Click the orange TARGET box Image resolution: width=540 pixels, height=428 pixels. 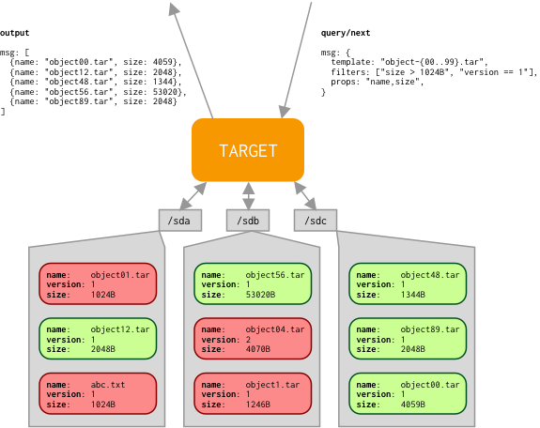[x=248, y=150]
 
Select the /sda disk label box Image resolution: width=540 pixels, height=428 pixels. [x=180, y=221]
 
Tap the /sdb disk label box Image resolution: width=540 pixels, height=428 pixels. [x=248, y=221]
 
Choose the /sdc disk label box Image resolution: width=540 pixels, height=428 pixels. [x=316, y=221]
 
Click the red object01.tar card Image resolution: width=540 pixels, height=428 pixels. [x=98, y=283]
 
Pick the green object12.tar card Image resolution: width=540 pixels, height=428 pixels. [x=98, y=339]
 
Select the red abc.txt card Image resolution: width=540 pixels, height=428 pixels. [x=98, y=393]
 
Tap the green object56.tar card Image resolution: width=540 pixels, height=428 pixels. [x=253, y=283]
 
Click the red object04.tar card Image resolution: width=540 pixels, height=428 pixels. [x=253, y=339]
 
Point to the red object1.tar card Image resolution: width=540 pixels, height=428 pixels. [x=253, y=393]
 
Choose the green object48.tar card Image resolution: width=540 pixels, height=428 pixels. [x=408, y=283]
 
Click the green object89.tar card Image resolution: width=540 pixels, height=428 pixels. [x=408, y=339]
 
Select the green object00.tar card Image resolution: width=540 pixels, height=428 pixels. [x=408, y=393]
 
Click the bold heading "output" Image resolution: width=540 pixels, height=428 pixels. [x=14, y=33]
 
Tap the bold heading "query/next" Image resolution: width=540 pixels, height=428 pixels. [x=346, y=33]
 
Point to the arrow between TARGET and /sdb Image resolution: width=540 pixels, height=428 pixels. [x=248, y=195]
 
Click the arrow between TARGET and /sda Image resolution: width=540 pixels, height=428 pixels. [x=193, y=195]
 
